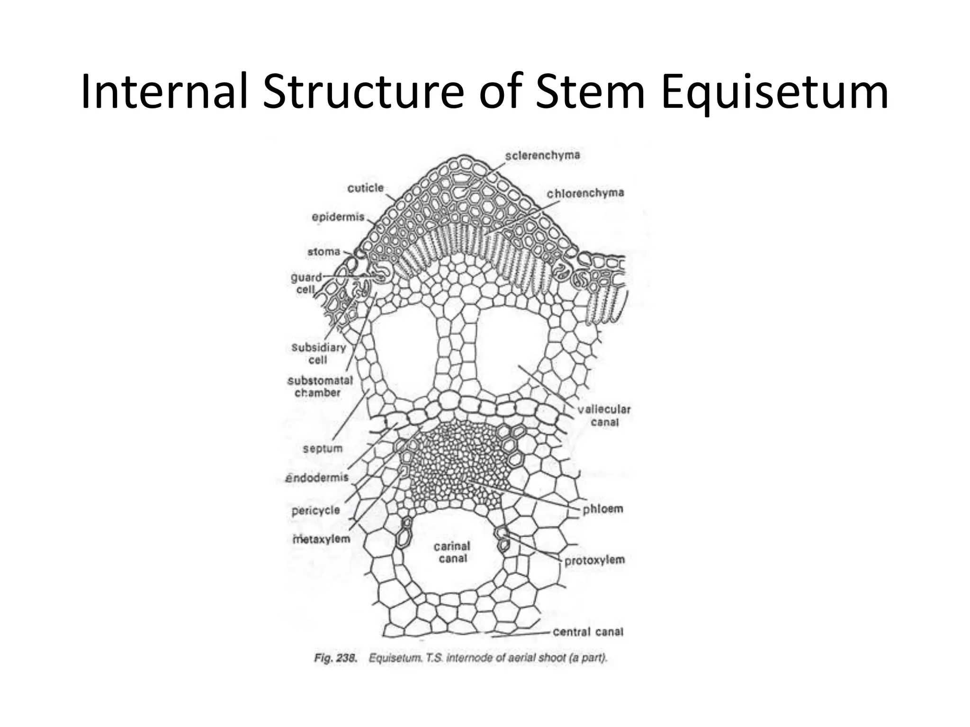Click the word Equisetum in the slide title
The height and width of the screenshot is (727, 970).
click(774, 92)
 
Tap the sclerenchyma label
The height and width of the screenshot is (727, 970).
click(542, 156)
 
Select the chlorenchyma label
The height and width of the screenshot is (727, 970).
click(585, 193)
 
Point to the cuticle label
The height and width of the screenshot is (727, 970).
click(365, 188)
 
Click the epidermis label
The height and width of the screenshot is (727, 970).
click(338, 217)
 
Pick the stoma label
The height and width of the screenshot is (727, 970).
click(324, 252)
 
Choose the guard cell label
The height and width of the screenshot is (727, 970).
click(306, 283)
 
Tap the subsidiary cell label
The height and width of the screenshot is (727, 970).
click(318, 354)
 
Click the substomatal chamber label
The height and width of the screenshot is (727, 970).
click(320, 386)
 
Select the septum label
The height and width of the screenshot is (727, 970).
click(323, 448)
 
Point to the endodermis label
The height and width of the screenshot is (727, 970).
click(317, 478)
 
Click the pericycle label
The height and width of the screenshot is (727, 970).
click(315, 510)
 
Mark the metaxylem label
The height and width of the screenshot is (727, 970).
click(321, 539)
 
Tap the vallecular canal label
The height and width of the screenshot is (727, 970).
click(604, 415)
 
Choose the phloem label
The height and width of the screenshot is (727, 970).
click(602, 509)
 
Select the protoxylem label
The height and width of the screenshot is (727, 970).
click(594, 560)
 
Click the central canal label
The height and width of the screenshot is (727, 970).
click(588, 631)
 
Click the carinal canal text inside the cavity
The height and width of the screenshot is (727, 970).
click(452, 552)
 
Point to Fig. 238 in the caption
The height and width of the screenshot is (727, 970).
click(335, 658)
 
